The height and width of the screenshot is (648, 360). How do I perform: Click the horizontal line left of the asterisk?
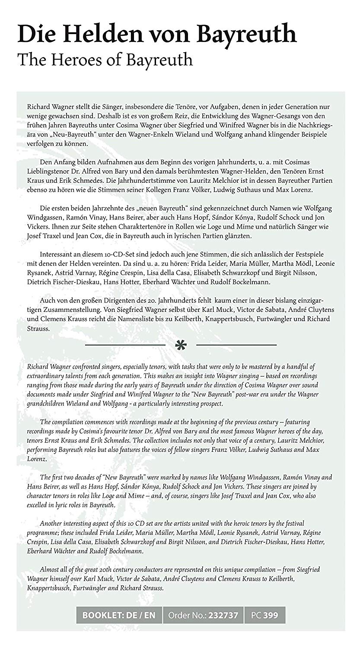(x=125, y=345)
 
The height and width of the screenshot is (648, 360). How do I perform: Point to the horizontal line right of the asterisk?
(x=236, y=345)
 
